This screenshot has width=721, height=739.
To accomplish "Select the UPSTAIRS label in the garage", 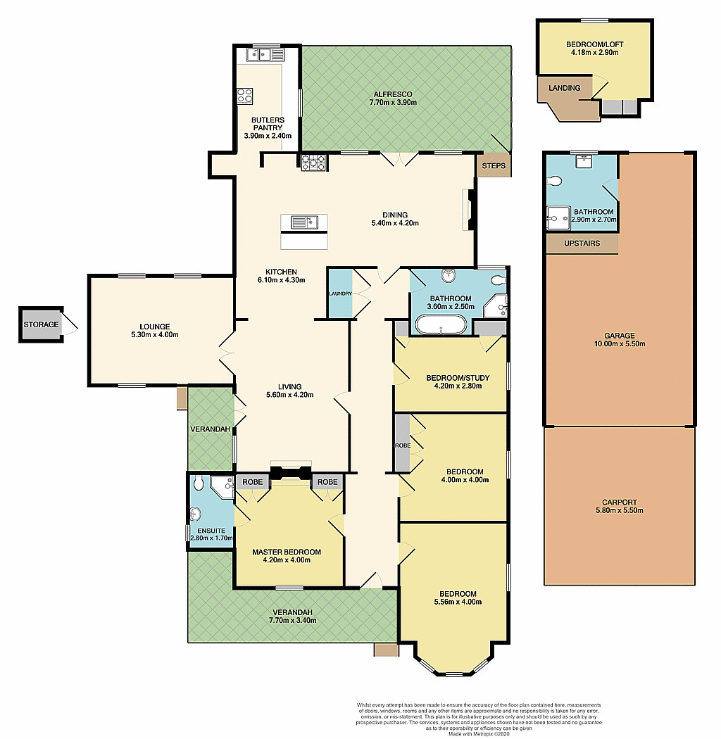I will click(x=582, y=244).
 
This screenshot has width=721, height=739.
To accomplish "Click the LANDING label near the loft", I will click(x=565, y=88).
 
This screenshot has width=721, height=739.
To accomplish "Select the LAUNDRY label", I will click(x=340, y=293).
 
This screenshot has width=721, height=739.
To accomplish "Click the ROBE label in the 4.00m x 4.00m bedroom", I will click(x=402, y=446).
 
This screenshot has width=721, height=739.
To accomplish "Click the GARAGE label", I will click(x=620, y=336).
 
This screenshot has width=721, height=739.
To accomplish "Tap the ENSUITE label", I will click(x=211, y=531).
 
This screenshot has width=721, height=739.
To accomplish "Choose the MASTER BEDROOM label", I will click(x=287, y=552).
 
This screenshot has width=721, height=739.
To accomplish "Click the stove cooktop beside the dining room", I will click(x=313, y=163).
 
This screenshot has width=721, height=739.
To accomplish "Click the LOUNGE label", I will click(x=155, y=326).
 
